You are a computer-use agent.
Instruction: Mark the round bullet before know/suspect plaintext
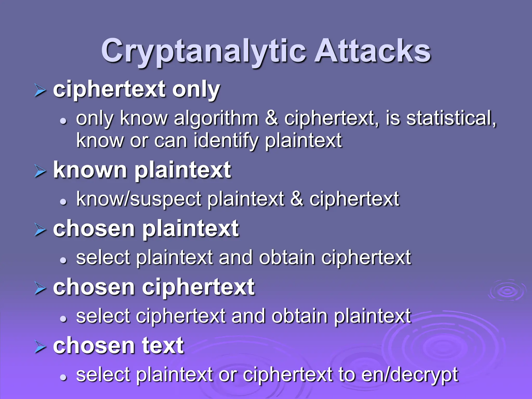pyautogui.click(x=63, y=202)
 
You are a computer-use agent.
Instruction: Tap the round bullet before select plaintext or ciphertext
pyautogui.click(x=63, y=377)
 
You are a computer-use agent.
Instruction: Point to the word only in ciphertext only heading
pyautogui.click(x=196, y=90)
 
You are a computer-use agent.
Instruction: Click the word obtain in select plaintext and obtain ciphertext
pyautogui.click(x=287, y=258)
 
